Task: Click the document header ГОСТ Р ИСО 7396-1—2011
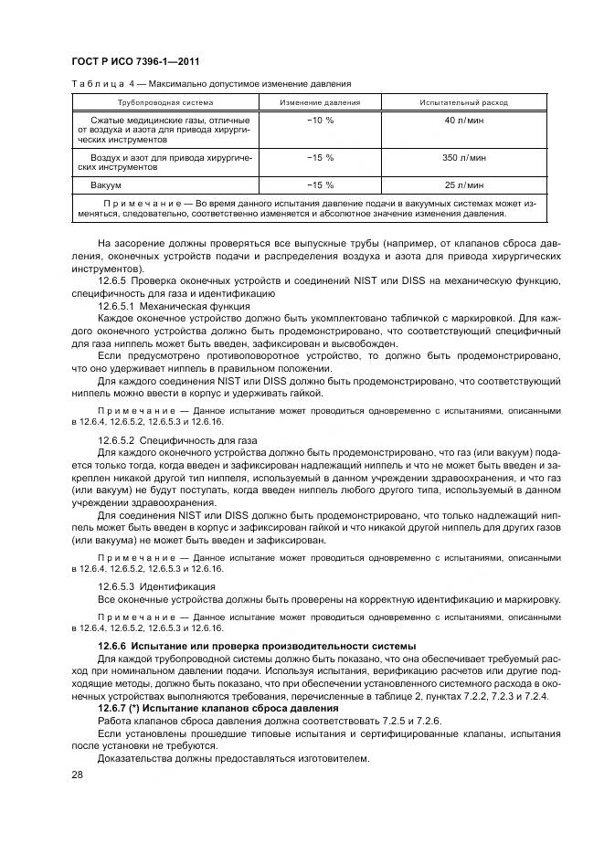click(x=135, y=61)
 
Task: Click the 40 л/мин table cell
click(x=456, y=121)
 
